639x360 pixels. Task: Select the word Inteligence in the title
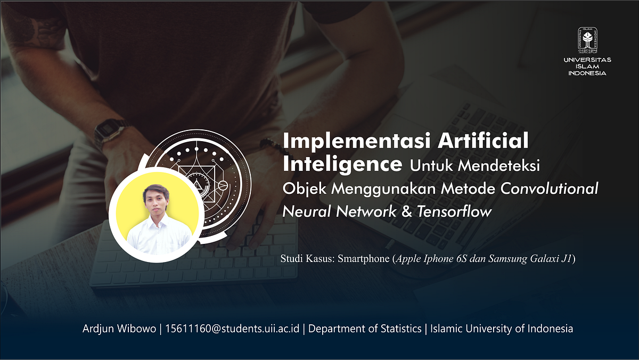(342, 164)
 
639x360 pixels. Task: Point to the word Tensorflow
(454, 211)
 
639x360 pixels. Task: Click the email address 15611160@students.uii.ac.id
(232, 329)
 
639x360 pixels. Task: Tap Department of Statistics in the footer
(365, 329)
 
